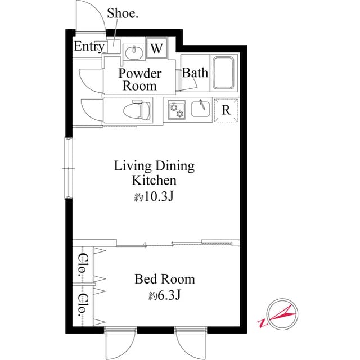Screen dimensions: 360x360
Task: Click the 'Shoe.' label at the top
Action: (x=123, y=13)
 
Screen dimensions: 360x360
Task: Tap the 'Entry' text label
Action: (x=89, y=47)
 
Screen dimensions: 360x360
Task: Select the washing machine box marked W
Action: (x=156, y=48)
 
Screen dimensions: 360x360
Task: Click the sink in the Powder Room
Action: (x=133, y=52)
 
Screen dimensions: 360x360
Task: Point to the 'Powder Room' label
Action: (x=140, y=80)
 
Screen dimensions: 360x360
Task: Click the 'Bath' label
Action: (x=195, y=73)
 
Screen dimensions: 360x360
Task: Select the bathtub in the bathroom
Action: (x=225, y=73)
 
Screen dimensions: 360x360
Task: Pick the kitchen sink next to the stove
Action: (x=201, y=108)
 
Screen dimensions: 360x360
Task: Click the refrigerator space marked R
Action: (x=226, y=110)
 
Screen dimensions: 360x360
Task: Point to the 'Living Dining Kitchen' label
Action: (x=154, y=173)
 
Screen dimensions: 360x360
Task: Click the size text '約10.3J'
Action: (x=154, y=197)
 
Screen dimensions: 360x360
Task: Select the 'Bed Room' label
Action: (x=164, y=279)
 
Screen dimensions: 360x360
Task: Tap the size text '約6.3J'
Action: (x=164, y=295)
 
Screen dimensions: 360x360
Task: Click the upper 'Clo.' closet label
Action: (x=82, y=263)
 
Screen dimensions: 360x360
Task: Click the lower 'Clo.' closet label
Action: (x=82, y=304)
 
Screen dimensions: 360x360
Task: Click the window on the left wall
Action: (x=68, y=168)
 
